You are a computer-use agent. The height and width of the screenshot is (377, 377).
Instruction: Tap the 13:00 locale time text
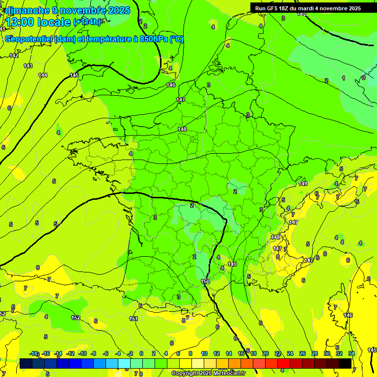pos(39,22)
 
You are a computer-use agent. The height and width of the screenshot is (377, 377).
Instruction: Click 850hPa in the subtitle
pos(152,39)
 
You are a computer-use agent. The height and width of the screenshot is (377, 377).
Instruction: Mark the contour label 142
pos(14,55)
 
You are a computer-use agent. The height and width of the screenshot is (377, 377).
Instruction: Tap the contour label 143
pos(28,66)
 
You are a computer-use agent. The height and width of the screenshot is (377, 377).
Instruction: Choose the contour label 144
pos(43,75)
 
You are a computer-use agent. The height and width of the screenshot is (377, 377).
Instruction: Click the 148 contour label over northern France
pos(182,129)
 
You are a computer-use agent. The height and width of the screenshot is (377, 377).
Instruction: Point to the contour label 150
pos(205,281)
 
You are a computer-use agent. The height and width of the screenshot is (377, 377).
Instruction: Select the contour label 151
pos(133,319)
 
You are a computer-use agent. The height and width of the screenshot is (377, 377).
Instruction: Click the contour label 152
pos(76,318)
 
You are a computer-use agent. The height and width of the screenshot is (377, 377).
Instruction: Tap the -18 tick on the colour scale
pos(34,353)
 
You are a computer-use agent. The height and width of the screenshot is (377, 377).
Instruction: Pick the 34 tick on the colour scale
pos(351,353)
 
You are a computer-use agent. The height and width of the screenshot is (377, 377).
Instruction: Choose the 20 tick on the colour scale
pos(265,353)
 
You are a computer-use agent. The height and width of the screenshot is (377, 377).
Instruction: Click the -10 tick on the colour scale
pos(83,353)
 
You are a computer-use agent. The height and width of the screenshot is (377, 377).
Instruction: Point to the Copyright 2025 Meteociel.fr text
pos(208,374)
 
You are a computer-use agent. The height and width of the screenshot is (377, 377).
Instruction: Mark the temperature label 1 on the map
pos(344,78)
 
